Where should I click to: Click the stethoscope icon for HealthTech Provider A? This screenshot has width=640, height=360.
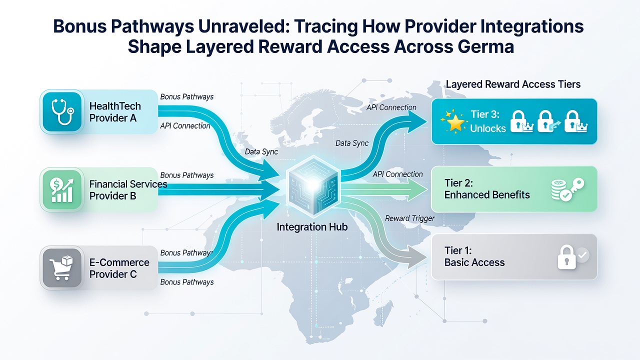[62, 111]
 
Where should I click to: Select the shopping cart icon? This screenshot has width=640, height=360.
[61, 267]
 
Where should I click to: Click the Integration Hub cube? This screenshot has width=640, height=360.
[313, 185]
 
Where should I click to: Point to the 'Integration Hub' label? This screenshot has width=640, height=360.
[312, 227]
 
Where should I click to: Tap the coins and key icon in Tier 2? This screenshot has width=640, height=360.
[567, 189]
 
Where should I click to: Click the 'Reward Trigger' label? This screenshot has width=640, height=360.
[409, 218]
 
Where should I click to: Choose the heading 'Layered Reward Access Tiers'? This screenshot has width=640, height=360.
[513, 84]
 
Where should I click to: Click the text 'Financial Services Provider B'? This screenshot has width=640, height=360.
[128, 190]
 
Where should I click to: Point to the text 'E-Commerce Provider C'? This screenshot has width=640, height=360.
[119, 268]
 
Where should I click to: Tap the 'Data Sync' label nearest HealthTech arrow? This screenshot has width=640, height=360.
[261, 151]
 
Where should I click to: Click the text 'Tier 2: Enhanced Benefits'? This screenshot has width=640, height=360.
[487, 189]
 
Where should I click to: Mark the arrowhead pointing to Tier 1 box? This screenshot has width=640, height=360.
[417, 257]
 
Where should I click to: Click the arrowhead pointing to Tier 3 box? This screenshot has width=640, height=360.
[416, 122]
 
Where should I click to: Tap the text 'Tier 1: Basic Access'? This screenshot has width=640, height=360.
[474, 256]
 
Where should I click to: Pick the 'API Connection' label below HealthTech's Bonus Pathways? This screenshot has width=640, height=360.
[185, 125]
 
